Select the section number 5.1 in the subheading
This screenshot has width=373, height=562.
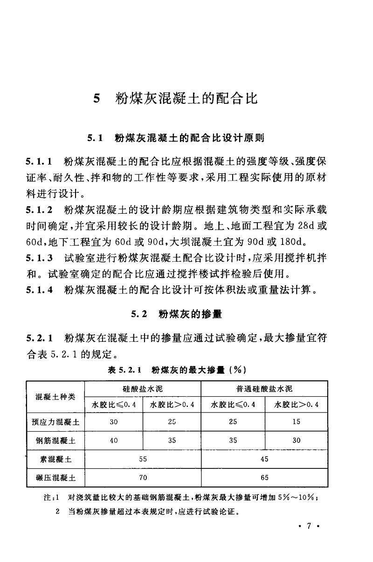tap(94, 139)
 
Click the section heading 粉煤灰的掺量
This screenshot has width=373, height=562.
tap(190, 314)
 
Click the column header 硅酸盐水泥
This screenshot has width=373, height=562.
tap(143, 389)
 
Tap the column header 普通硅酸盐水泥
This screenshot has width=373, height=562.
tap(264, 389)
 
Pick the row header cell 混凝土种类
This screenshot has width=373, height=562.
tap(55, 397)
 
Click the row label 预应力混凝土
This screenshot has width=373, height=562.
tap(55, 422)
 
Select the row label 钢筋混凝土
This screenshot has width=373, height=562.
tap(55, 440)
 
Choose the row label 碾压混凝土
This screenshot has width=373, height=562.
tap(55, 478)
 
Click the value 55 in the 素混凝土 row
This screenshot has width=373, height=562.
tap(143, 459)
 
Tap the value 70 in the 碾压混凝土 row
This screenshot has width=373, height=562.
tap(143, 478)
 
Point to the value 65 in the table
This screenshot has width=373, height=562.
tap(264, 478)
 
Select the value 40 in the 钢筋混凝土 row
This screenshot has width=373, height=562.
tap(114, 440)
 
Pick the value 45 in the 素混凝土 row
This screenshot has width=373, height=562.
tap(264, 459)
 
